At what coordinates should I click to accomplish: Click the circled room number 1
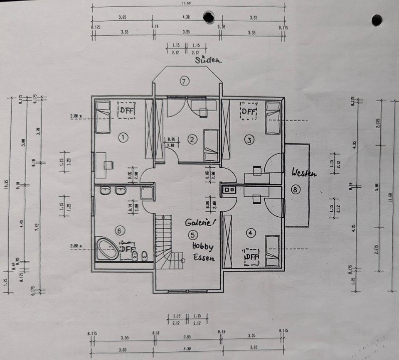coord(123,137)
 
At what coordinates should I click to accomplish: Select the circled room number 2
coord(192,140)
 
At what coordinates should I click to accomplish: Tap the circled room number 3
coord(249,140)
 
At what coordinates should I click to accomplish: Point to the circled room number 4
coord(250,233)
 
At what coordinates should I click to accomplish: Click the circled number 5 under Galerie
coord(191,235)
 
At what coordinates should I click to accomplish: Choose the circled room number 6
coord(119,230)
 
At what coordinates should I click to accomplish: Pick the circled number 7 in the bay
coord(185,81)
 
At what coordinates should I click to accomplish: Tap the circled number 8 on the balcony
coord(296,190)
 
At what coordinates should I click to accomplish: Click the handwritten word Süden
coord(209,60)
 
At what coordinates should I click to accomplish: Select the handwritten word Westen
coord(304,173)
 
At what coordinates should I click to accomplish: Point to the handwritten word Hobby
coord(202,247)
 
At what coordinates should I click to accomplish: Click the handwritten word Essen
coord(204,258)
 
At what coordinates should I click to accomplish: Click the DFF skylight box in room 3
coord(249,111)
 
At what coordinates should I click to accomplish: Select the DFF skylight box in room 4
coord(251,257)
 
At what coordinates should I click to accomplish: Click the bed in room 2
coord(211,145)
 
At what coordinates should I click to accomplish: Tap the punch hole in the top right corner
coord(377,20)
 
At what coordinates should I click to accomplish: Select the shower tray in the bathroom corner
coord(147,193)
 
